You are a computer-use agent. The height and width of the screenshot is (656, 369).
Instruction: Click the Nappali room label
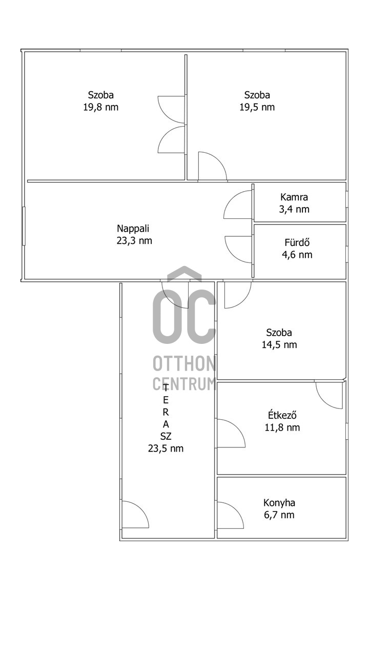(133, 229)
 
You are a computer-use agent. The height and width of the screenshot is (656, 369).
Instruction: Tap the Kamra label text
(294, 197)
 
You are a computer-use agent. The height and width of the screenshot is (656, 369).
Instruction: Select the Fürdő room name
(297, 242)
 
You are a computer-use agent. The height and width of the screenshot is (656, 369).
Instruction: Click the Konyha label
(279, 503)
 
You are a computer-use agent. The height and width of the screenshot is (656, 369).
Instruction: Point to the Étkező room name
(282, 415)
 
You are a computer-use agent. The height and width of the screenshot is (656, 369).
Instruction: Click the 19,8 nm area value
(101, 107)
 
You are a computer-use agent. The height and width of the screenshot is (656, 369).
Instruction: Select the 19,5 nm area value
(257, 107)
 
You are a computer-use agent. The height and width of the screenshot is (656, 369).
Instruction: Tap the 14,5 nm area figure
(279, 345)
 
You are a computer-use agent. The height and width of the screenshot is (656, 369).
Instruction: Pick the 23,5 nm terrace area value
(166, 448)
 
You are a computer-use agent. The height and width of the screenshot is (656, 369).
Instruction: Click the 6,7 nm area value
(279, 515)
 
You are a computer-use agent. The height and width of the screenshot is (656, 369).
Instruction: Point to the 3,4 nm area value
(294, 209)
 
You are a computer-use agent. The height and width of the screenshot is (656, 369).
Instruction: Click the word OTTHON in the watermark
(184, 364)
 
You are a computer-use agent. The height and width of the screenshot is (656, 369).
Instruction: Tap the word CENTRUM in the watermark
(184, 384)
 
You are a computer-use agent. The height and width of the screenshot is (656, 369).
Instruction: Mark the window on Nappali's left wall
(24, 226)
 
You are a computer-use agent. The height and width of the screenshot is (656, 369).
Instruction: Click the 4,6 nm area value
(297, 255)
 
